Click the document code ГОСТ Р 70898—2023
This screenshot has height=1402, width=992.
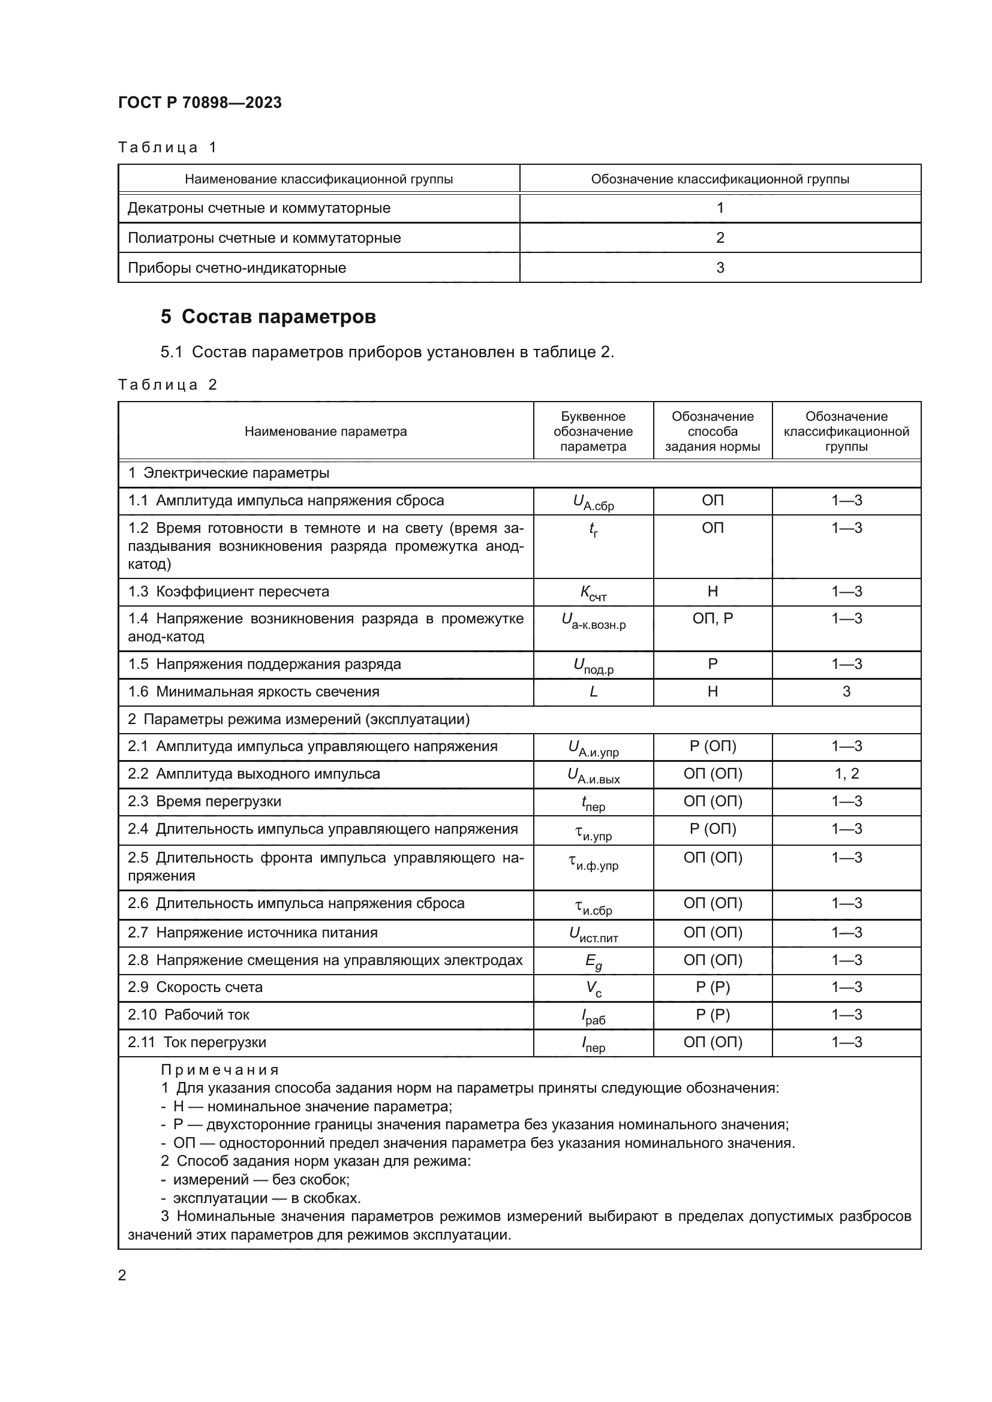(x=200, y=102)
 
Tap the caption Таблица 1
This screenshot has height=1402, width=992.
(x=167, y=147)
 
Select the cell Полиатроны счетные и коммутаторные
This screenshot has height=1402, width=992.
(x=264, y=237)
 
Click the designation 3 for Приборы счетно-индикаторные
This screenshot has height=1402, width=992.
(x=720, y=267)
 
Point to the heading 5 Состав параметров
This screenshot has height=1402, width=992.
(x=268, y=316)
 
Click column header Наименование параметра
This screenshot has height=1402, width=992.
(x=326, y=431)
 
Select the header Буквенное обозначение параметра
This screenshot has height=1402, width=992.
(x=593, y=431)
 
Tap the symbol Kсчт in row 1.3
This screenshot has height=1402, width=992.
(x=593, y=592)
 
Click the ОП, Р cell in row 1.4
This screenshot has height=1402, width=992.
(x=713, y=619)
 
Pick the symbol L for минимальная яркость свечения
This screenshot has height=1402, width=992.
(x=593, y=692)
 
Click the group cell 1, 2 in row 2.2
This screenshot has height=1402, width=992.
(x=846, y=774)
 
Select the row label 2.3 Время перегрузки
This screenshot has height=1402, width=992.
(x=205, y=801)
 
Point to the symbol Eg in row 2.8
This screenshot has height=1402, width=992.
(x=593, y=961)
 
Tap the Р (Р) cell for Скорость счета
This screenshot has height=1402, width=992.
(x=713, y=987)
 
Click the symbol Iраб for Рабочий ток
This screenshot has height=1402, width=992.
(x=593, y=1016)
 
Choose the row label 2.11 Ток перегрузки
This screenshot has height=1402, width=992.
(x=197, y=1042)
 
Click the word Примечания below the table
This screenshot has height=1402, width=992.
(x=220, y=1070)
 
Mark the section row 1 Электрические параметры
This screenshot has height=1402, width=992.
(x=229, y=472)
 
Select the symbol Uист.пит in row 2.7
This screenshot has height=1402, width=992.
(x=593, y=934)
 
